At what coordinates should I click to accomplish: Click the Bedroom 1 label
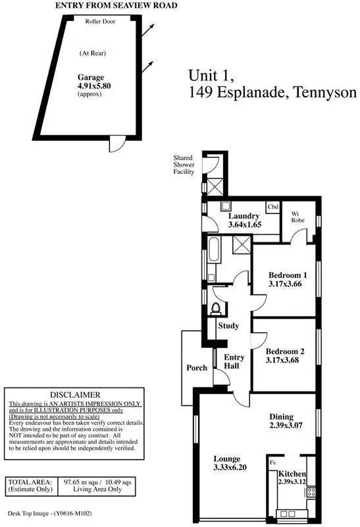point(288,275)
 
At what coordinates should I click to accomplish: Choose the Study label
point(228,325)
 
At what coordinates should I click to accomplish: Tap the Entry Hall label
point(235,362)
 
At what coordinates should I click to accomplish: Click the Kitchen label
point(292,474)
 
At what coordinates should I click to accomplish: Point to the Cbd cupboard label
point(272,207)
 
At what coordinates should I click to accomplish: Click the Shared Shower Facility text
point(184,165)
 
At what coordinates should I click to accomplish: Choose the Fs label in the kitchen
point(272,462)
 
